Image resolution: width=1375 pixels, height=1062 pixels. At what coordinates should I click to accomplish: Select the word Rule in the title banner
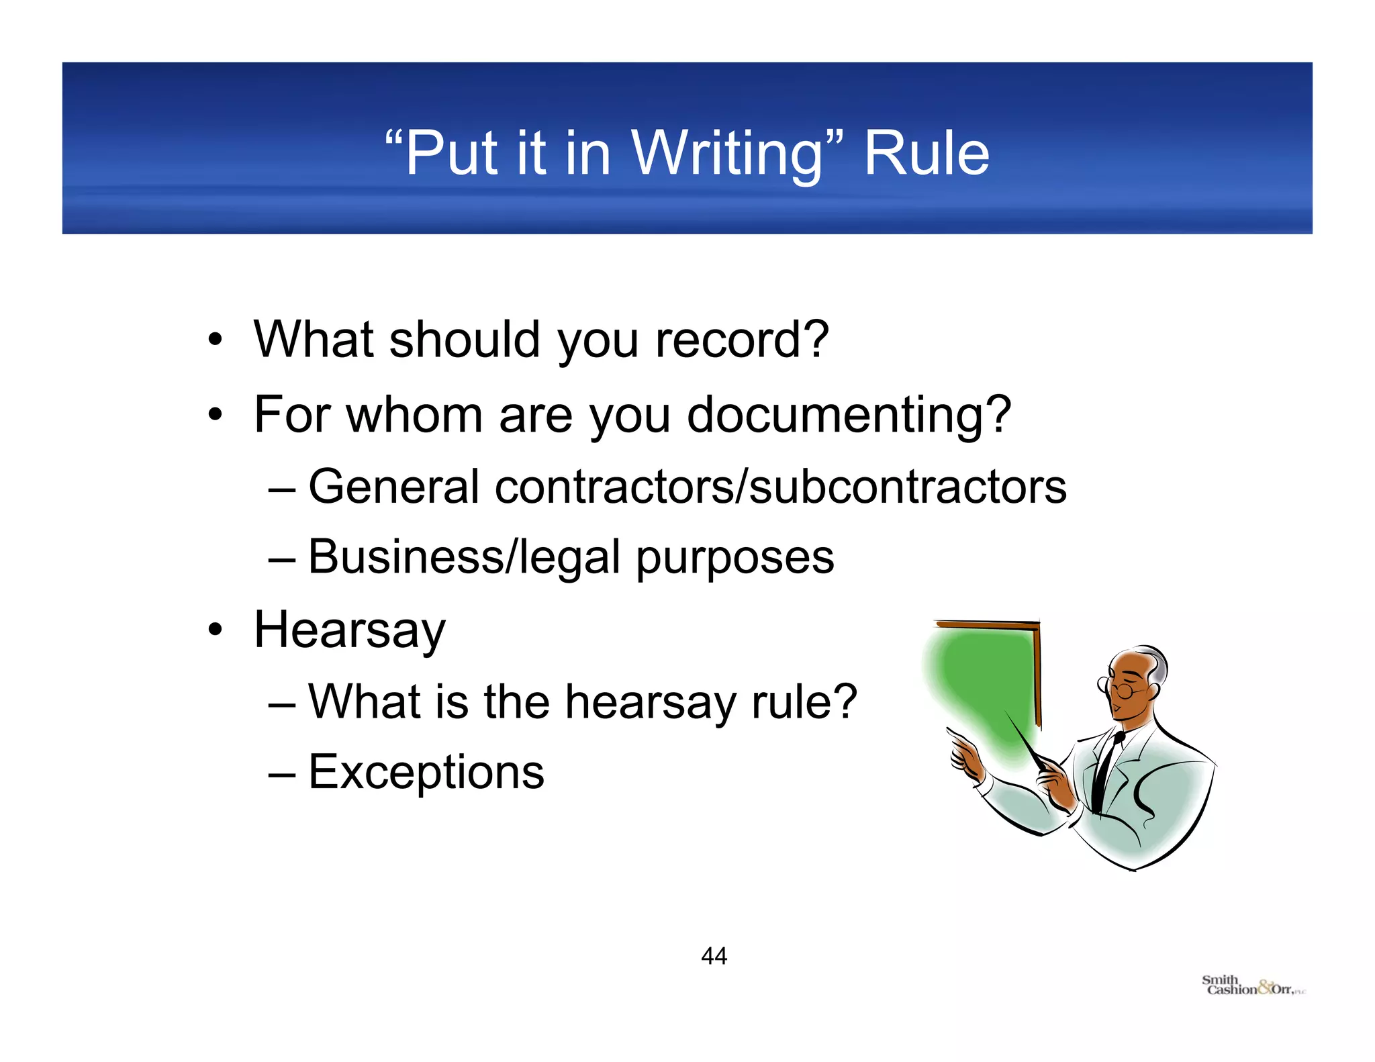926,154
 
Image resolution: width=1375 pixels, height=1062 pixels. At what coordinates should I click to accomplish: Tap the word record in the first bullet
742,340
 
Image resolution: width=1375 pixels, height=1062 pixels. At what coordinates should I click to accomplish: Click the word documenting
849,415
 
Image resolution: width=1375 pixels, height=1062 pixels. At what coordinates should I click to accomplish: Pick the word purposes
734,559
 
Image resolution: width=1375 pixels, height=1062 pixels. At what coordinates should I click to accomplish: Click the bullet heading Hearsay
349,631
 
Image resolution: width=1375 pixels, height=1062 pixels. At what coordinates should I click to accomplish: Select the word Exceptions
426,772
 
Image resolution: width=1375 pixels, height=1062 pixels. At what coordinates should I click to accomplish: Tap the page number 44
714,956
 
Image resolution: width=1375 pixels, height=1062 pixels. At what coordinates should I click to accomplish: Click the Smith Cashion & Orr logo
1253,985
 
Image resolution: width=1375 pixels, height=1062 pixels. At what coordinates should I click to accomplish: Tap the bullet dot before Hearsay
215,630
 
